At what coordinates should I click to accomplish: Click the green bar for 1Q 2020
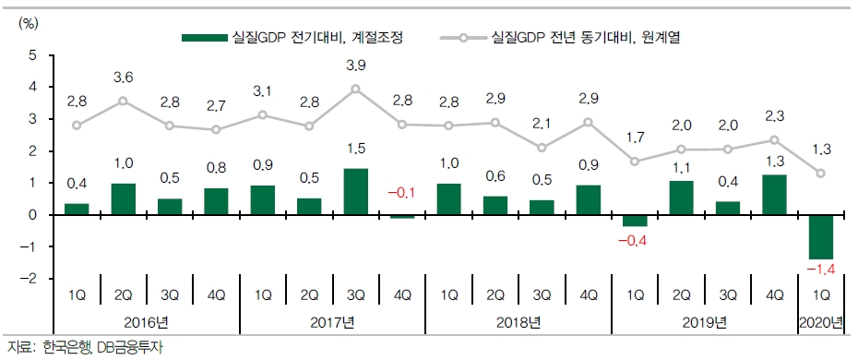(821, 237)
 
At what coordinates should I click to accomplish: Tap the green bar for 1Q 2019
(635, 221)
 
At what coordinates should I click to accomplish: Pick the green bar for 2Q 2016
(123, 198)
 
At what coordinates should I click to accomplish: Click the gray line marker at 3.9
(355, 90)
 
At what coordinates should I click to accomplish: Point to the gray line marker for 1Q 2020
(821, 173)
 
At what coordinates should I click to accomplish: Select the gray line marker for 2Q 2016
(123, 101)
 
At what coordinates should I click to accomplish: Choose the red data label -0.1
(402, 192)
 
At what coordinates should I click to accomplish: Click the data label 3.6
(123, 77)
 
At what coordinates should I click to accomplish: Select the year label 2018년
(518, 322)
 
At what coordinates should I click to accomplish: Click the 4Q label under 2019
(774, 294)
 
